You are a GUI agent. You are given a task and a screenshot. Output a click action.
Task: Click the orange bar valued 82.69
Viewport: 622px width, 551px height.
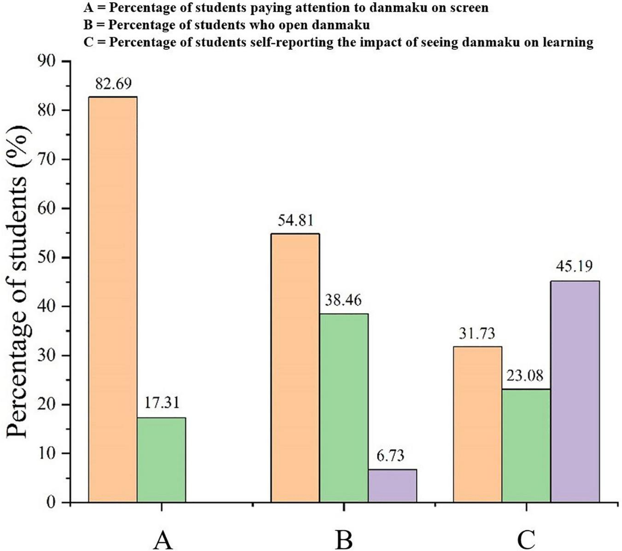click(112, 299)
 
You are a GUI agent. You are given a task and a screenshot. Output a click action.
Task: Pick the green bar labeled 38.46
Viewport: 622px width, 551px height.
click(344, 408)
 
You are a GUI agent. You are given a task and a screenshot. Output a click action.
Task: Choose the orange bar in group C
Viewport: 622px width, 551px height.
click(477, 424)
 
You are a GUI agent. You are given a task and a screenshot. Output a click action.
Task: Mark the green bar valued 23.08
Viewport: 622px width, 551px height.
click(526, 445)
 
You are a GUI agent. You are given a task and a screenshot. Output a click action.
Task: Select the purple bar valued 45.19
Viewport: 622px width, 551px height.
click(575, 391)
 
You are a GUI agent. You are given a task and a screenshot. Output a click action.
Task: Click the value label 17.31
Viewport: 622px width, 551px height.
click(161, 403)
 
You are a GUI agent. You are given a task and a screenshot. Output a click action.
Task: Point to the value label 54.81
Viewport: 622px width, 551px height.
click(295, 220)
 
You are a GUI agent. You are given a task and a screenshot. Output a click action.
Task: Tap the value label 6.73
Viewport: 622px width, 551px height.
click(389, 456)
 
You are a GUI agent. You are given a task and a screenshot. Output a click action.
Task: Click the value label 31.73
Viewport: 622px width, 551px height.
click(476, 333)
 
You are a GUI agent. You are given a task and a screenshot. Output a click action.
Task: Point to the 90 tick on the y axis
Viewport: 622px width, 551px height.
click(49, 61)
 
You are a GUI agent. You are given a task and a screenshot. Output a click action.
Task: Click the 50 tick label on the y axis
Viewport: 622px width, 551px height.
click(49, 257)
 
